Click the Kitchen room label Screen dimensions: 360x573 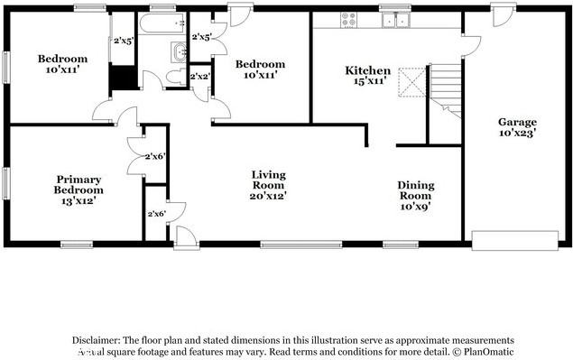(x=368, y=70)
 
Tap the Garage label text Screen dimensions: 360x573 (x=517, y=122)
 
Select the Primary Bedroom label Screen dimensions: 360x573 (x=79, y=184)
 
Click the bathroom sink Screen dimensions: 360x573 (x=174, y=51)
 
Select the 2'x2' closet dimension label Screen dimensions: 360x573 (x=199, y=77)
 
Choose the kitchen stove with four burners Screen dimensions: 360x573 (x=347, y=19)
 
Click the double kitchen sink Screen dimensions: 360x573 (x=394, y=20)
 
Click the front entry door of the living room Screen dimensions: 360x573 (x=187, y=237)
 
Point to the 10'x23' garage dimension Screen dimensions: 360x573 (x=517, y=133)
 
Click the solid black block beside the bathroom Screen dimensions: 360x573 (x=122, y=78)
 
